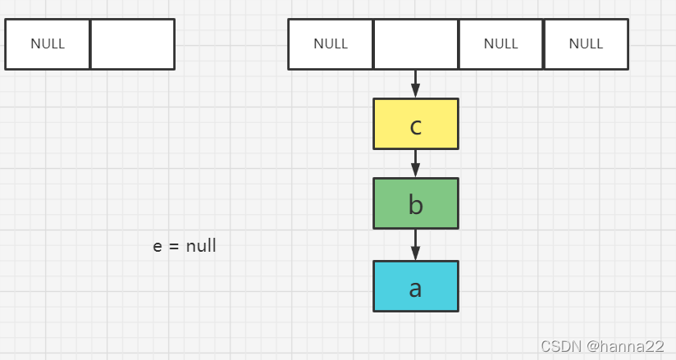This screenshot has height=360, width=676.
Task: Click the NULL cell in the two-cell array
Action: (x=48, y=44)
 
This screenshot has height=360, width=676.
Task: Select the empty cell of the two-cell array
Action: (x=133, y=44)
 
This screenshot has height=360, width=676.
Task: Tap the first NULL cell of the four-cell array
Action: (x=331, y=44)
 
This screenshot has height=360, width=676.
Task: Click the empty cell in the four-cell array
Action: (x=416, y=44)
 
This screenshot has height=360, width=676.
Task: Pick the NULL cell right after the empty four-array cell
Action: (x=501, y=44)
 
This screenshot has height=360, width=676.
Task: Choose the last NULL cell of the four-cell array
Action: (x=587, y=44)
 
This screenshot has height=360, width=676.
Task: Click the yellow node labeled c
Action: (x=416, y=124)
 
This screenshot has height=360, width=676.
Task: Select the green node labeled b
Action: (x=416, y=203)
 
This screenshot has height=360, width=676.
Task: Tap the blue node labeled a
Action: (x=416, y=286)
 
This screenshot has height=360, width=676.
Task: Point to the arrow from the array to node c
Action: (x=416, y=84)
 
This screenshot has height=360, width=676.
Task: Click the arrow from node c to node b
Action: (x=416, y=164)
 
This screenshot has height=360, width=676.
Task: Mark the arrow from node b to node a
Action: (x=416, y=245)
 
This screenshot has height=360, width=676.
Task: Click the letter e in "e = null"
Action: (x=158, y=247)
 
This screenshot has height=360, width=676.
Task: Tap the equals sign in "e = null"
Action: (x=174, y=247)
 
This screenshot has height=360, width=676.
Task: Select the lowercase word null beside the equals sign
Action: (x=201, y=246)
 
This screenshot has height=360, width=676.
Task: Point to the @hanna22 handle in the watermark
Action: (x=625, y=346)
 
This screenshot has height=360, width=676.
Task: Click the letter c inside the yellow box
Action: (x=416, y=127)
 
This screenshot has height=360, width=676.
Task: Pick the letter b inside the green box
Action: (x=416, y=204)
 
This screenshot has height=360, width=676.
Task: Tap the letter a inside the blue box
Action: (x=415, y=289)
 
